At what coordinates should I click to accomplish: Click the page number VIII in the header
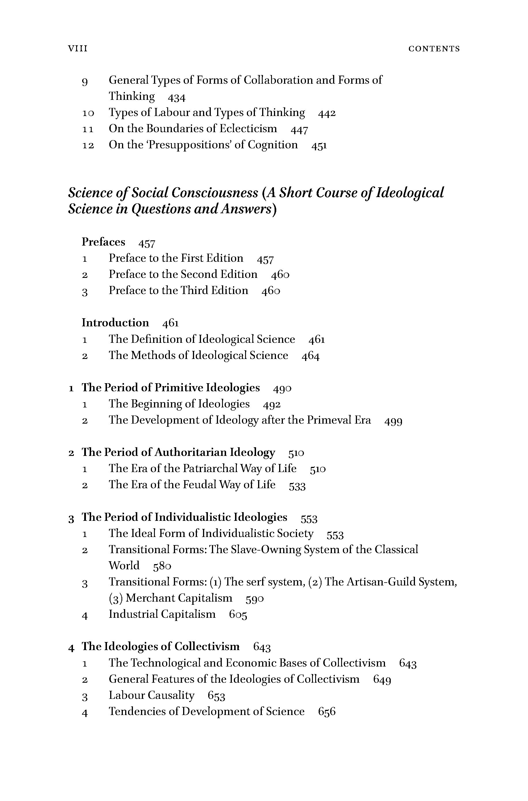tap(78, 49)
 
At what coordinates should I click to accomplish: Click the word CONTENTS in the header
tap(434, 49)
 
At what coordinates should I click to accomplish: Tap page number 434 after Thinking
tap(176, 98)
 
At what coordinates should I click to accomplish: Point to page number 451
tap(319, 145)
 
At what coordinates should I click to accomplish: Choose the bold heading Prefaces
tap(103, 242)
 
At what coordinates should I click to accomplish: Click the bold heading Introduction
tap(115, 323)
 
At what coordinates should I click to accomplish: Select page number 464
tap(310, 356)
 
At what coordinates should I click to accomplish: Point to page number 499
tap(393, 421)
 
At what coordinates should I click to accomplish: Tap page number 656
tap(327, 712)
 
